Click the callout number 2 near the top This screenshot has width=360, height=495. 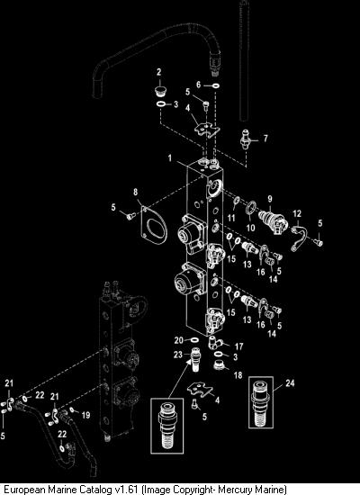[x=158, y=72]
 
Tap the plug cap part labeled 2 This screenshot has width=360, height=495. [x=161, y=90]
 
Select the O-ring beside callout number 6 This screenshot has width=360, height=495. [x=216, y=85]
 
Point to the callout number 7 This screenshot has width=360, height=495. [x=265, y=139]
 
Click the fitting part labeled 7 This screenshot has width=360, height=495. [x=245, y=139]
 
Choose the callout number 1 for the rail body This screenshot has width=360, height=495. [x=170, y=157]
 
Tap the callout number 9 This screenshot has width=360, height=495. [x=270, y=199]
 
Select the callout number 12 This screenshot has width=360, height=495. [x=297, y=213]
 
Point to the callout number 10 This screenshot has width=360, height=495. [x=250, y=228]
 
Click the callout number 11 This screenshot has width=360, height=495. [x=231, y=218]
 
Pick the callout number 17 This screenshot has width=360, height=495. [x=238, y=346]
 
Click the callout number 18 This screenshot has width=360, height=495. [x=238, y=374]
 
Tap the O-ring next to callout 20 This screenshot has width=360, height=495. [x=194, y=340]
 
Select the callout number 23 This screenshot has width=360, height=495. [x=178, y=355]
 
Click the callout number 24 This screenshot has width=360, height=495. [x=290, y=382]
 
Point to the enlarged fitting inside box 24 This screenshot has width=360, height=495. [x=260, y=402]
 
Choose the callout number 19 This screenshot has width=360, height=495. [x=85, y=415]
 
